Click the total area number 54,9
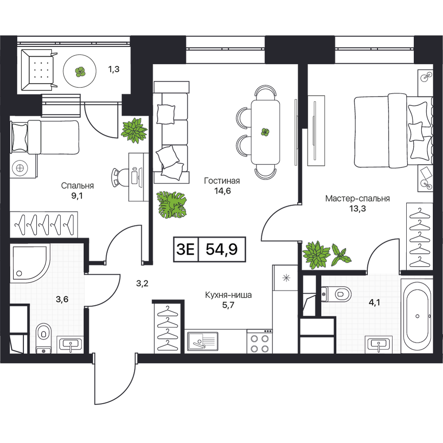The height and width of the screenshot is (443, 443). pyautogui.click(x=221, y=249)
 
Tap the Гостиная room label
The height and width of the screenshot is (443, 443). pyautogui.click(x=222, y=181)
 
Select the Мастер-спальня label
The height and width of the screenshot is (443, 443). pyautogui.click(x=358, y=198)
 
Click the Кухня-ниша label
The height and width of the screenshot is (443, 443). pyautogui.click(x=228, y=295)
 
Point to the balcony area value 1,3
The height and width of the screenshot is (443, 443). pyautogui.click(x=114, y=69)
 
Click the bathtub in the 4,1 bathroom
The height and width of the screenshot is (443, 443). pyautogui.click(x=417, y=316)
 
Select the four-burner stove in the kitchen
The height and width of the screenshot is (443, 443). pyautogui.click(x=259, y=341)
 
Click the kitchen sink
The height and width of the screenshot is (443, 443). pyautogui.click(x=202, y=341)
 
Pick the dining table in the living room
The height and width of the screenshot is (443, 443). pyautogui.click(x=265, y=132)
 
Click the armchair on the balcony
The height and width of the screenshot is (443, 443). pyautogui.click(x=38, y=70)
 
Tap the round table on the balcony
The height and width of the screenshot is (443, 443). pyautogui.click(x=80, y=71)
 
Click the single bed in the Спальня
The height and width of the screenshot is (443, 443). pyautogui.click(x=45, y=137)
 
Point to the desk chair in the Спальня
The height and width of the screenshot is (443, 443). pyautogui.click(x=118, y=178)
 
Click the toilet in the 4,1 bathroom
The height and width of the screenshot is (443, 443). pyautogui.click(x=336, y=295)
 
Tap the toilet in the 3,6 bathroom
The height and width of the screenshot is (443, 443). pyautogui.click(x=43, y=338)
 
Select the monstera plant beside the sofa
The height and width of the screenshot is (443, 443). pyautogui.click(x=171, y=204)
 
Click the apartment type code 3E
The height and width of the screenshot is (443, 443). pyautogui.click(x=186, y=249)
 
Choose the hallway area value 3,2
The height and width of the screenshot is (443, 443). pyautogui.click(x=142, y=283)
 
